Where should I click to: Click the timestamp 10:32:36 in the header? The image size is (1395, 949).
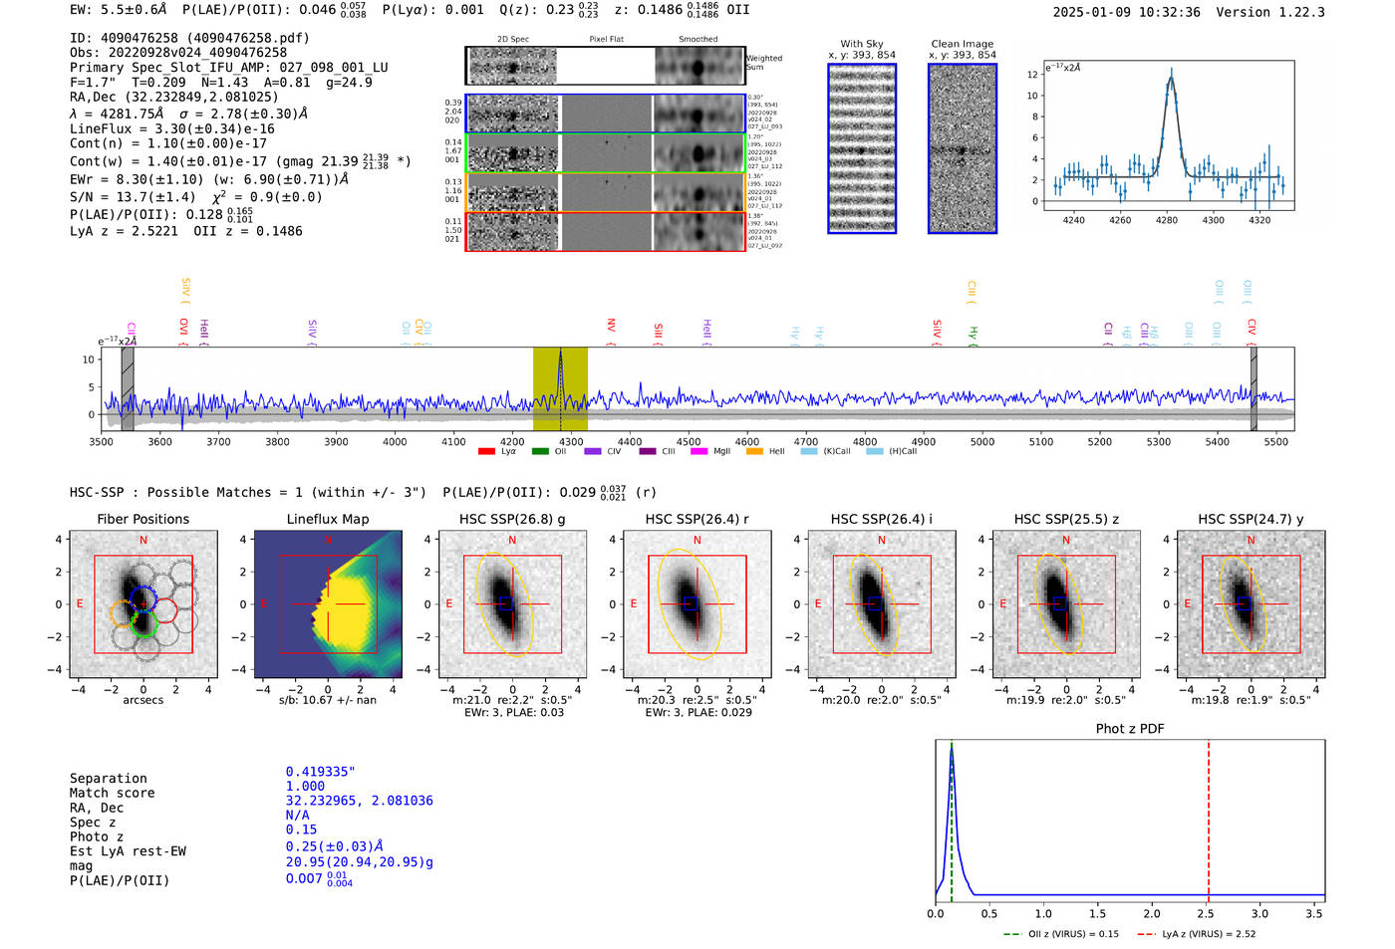click(x=1167, y=12)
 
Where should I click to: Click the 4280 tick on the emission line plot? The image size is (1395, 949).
click(x=1167, y=220)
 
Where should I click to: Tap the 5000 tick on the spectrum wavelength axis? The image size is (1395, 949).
click(x=982, y=441)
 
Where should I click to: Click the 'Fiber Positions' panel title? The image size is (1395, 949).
click(x=142, y=519)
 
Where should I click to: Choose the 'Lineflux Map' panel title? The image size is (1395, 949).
click(x=328, y=519)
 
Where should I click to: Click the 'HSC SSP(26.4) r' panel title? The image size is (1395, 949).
click(x=697, y=519)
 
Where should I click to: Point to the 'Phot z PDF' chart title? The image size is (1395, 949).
click(x=1130, y=728)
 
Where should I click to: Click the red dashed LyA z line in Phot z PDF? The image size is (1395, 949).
click(x=1209, y=817)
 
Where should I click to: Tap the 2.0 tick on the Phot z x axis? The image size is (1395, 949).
click(x=1152, y=913)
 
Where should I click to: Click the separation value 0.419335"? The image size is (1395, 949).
click(x=320, y=772)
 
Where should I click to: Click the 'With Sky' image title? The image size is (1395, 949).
click(x=862, y=44)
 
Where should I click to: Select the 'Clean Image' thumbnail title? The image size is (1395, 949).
click(x=962, y=44)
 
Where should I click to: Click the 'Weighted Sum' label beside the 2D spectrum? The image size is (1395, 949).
click(x=764, y=62)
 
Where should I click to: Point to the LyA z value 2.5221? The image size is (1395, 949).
click(x=156, y=231)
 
